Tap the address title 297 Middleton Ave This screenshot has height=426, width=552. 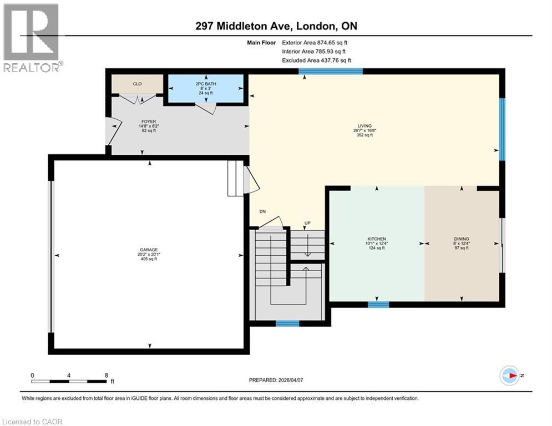click(275, 27)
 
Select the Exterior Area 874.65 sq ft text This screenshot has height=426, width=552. click(315, 42)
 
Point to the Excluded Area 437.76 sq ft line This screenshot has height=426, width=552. click(316, 60)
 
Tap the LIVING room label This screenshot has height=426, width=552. click(364, 126)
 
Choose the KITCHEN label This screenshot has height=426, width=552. click(376, 239)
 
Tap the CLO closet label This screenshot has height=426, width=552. click(137, 84)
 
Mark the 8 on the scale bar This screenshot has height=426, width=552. click(106, 375)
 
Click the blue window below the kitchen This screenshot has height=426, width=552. click(378, 304)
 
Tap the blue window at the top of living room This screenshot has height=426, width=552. click(331, 71)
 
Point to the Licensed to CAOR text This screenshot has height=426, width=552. click(32, 422)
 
